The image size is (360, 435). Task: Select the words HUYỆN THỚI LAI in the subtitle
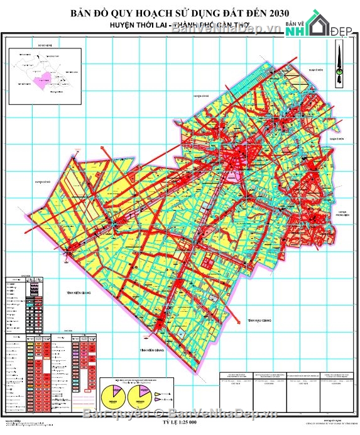(148, 27)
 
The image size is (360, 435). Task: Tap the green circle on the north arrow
(339, 73)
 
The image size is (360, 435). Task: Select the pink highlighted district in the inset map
(45, 80)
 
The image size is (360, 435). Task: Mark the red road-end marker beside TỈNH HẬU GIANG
(241, 318)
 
